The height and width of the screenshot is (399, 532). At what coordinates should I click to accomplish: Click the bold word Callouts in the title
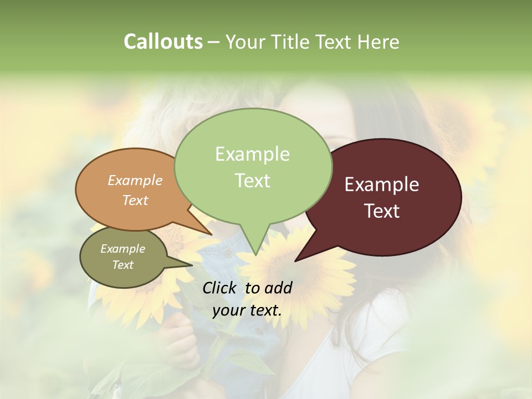click(163, 42)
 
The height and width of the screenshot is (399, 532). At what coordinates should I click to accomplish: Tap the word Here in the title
click(378, 42)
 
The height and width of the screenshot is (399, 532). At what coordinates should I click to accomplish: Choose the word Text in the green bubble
click(252, 180)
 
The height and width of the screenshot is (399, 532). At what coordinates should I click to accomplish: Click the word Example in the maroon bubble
click(382, 185)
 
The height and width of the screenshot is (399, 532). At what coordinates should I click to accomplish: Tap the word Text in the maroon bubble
click(382, 211)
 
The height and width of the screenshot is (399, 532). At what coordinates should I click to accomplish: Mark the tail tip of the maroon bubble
click(295, 260)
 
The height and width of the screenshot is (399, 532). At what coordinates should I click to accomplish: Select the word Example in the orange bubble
click(135, 180)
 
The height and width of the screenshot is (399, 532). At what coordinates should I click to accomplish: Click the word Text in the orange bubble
click(135, 200)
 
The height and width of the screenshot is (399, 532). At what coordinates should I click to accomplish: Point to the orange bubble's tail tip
click(212, 234)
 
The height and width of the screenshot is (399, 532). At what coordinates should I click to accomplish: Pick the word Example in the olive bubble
click(123, 249)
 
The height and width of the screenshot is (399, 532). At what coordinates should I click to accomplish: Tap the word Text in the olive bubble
click(123, 265)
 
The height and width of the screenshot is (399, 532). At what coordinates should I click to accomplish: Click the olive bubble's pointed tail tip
click(193, 265)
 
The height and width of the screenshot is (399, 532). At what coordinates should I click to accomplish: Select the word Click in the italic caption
click(221, 288)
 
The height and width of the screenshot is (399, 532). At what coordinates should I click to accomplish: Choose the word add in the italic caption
click(278, 288)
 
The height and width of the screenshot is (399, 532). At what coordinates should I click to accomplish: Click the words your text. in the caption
click(247, 310)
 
